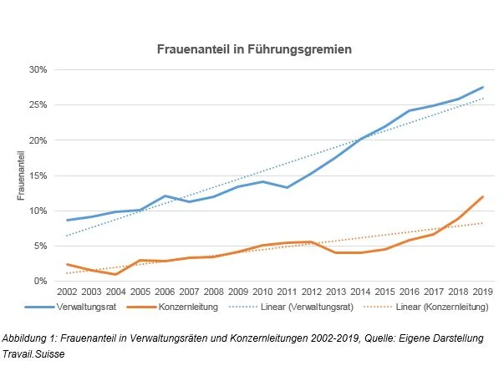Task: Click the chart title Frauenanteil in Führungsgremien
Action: (x=255, y=49)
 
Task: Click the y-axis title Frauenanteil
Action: (x=23, y=175)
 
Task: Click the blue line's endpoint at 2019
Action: (x=482, y=87)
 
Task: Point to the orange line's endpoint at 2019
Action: (x=482, y=197)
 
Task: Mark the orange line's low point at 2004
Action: (x=116, y=274)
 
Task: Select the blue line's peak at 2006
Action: (x=165, y=196)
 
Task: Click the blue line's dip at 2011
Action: (x=287, y=187)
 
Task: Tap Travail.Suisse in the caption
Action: (x=34, y=352)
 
